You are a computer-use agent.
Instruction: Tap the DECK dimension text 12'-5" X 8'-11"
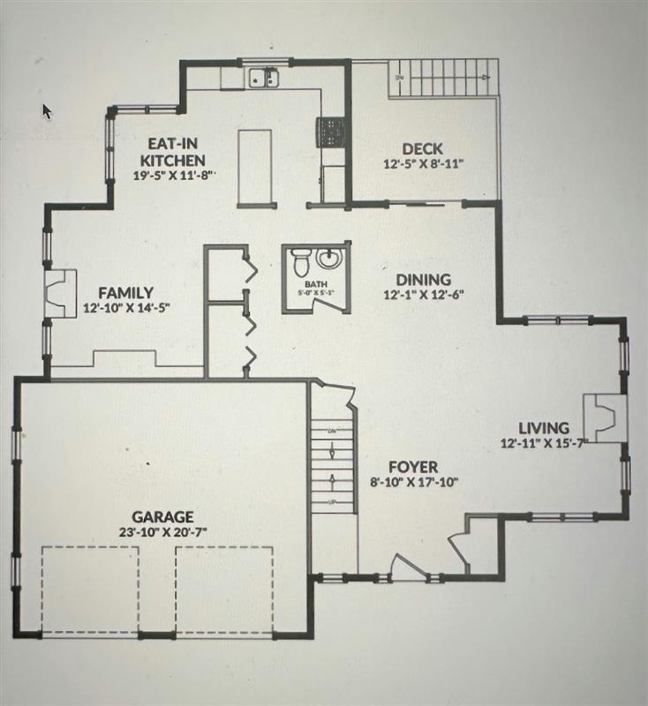click(x=423, y=163)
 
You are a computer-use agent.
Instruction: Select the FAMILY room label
click(x=126, y=293)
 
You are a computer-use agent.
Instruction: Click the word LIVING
click(x=543, y=429)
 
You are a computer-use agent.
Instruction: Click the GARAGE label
click(x=162, y=516)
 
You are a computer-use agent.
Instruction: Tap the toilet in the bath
click(x=300, y=262)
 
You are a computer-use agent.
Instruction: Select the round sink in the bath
click(x=328, y=259)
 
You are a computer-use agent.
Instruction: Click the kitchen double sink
click(x=262, y=80)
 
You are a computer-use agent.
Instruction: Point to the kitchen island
click(x=254, y=166)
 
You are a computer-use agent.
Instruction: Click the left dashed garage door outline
click(x=91, y=589)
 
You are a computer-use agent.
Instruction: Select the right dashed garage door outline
click(x=224, y=589)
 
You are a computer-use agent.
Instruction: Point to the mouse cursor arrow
click(x=47, y=110)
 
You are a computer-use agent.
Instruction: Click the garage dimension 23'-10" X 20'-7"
click(x=162, y=531)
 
